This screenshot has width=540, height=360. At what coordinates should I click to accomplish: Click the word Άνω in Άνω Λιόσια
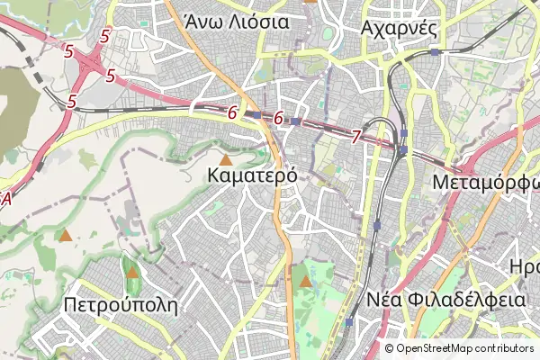pyautogui.click(x=202, y=22)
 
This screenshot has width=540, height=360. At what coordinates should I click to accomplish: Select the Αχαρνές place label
pyautogui.click(x=398, y=27)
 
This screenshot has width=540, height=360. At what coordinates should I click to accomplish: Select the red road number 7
pyautogui.click(x=356, y=137)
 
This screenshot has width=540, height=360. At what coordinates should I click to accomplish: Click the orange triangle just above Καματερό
pyautogui.click(x=225, y=158)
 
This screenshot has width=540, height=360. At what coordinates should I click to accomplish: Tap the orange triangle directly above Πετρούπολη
pyautogui.click(x=133, y=272)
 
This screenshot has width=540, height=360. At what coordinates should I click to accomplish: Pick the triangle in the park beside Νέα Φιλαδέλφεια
pyautogui.click(x=306, y=282)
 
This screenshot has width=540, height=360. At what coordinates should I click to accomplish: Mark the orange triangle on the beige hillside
pyautogui.click(x=65, y=237)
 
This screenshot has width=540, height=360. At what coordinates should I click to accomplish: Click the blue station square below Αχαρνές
pyautogui.click(x=435, y=52)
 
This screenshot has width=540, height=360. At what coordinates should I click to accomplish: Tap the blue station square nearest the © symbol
pyautogui.click(x=348, y=321)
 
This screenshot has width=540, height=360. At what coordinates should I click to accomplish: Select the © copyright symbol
pyautogui.click(x=390, y=348)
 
